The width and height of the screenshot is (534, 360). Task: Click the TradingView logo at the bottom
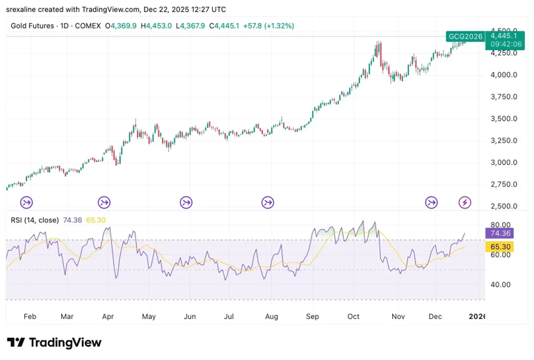tap(54, 343)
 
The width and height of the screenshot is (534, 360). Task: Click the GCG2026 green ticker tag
tap(465, 36)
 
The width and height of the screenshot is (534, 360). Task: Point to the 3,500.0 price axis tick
tap(503, 118)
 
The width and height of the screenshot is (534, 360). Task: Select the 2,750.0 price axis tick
tap(503, 184)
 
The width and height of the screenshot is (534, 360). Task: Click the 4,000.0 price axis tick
tap(503, 74)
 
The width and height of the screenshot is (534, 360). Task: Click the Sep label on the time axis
tap(312, 316)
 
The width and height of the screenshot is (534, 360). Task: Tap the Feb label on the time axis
tap(29, 316)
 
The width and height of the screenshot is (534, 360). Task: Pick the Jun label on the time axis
tap(189, 316)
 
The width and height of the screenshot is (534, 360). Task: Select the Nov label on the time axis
tap(398, 316)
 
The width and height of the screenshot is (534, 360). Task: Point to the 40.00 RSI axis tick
tap(501, 284)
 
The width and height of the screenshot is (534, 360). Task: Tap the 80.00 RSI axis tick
tap(501, 225)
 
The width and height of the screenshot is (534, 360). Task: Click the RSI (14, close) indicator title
tap(35, 220)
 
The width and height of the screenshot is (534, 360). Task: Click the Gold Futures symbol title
tap(33, 26)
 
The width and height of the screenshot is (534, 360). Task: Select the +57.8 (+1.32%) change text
tap(268, 26)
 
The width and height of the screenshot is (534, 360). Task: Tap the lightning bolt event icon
tap(465, 202)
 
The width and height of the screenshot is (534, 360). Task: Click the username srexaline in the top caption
tap(22, 10)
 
